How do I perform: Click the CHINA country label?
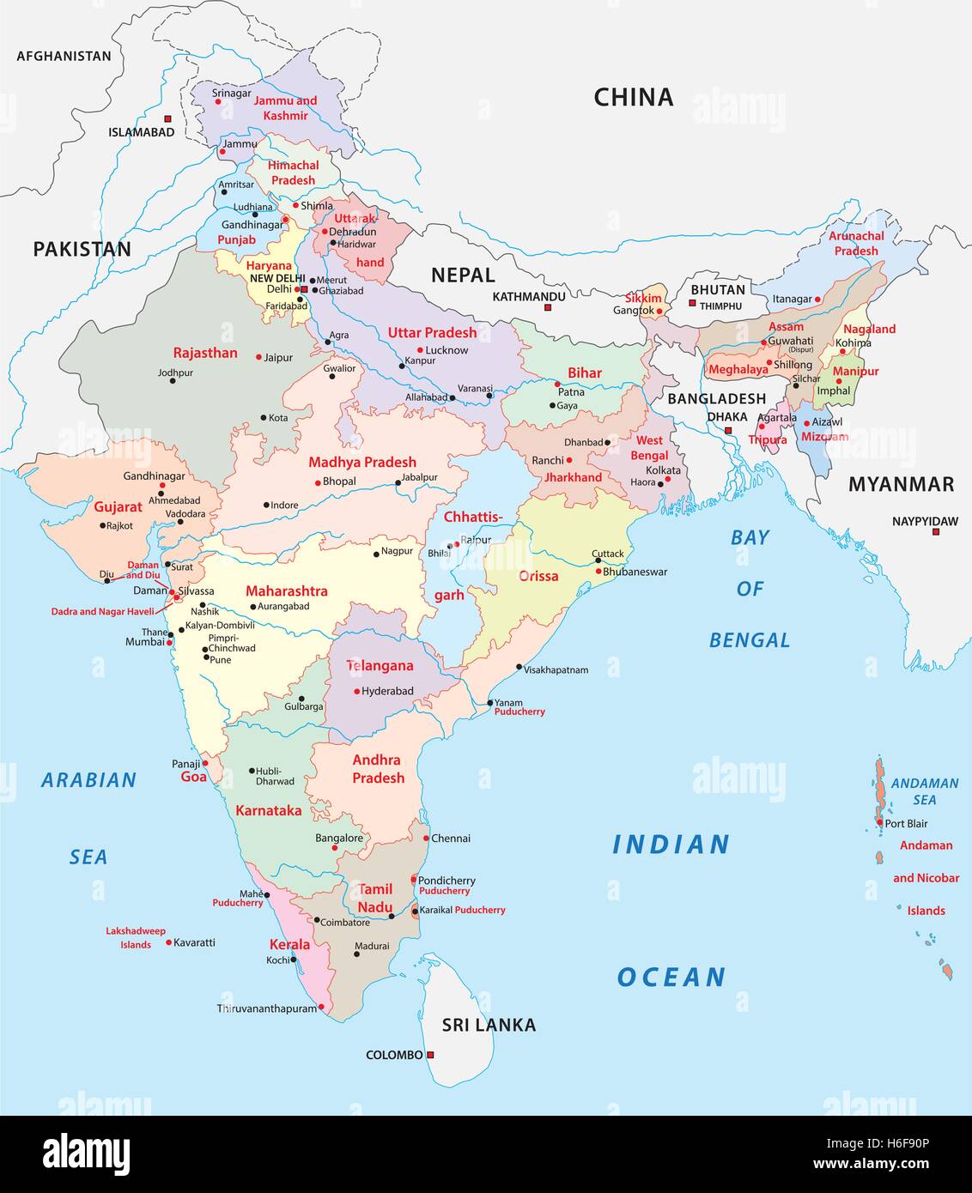(633, 97)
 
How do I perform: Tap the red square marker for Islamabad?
(168, 118)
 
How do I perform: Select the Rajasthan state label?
(205, 353)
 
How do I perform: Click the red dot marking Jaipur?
(258, 357)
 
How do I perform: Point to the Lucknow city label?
(447, 350)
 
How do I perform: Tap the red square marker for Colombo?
(431, 1055)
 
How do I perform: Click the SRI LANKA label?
(489, 1025)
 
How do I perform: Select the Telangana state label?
(380, 666)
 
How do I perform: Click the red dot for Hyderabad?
(356, 691)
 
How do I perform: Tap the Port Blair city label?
(906, 823)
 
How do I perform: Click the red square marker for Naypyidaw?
(936, 532)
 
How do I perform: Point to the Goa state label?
(193, 777)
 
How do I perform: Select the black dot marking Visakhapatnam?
(519, 667)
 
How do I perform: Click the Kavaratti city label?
(194, 942)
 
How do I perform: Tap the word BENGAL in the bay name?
(750, 640)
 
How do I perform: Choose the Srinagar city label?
(232, 93)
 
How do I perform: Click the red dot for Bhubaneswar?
(598, 571)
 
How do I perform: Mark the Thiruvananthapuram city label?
(267, 1008)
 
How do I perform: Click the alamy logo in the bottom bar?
(87, 1153)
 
